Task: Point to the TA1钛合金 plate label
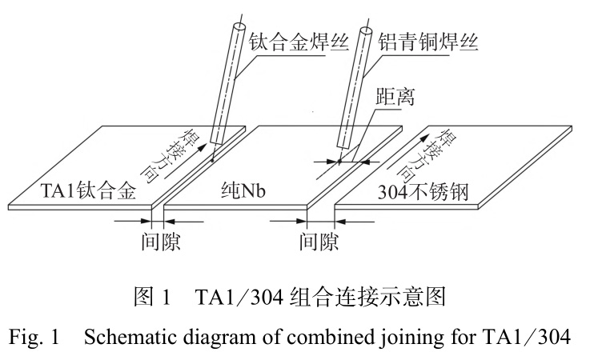tap(90, 190)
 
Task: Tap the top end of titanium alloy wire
tap(238, 29)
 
